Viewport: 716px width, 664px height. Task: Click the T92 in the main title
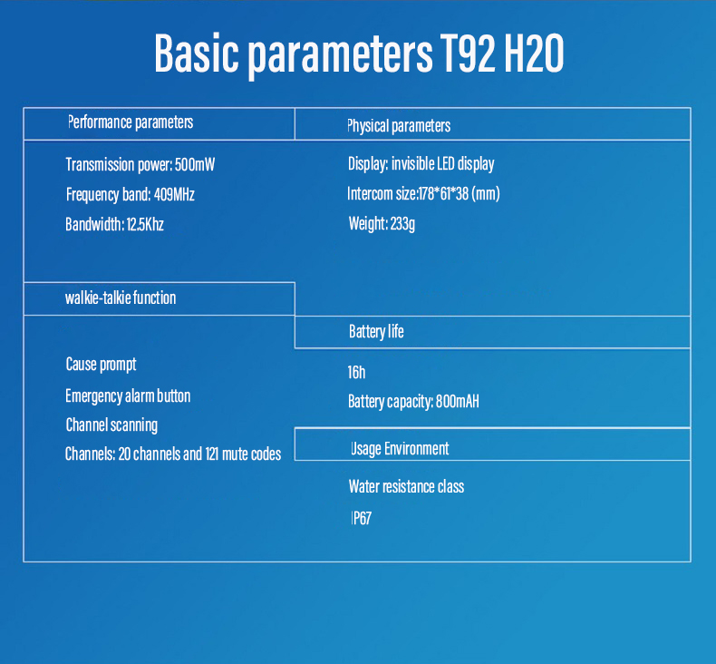click(x=467, y=54)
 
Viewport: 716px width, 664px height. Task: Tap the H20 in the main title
click(x=534, y=54)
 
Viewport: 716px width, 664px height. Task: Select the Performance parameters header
click(x=131, y=122)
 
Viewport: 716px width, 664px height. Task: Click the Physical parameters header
click(x=399, y=126)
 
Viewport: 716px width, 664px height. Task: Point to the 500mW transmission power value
click(x=195, y=164)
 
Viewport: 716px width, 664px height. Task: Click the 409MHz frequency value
click(x=174, y=195)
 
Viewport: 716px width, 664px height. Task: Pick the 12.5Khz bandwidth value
click(x=145, y=224)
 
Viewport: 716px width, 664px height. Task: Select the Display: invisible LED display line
click(x=421, y=164)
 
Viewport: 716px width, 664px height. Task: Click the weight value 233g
click(x=402, y=224)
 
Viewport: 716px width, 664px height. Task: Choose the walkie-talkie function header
click(x=121, y=298)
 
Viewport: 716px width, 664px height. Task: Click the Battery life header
click(x=376, y=332)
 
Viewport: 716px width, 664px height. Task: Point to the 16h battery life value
click(x=356, y=373)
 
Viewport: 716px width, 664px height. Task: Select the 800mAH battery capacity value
click(x=458, y=401)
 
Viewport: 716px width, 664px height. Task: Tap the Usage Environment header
click(x=400, y=449)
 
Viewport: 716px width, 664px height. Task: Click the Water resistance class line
click(x=406, y=487)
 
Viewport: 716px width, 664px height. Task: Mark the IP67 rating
click(x=362, y=518)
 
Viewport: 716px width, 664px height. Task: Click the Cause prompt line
click(x=101, y=365)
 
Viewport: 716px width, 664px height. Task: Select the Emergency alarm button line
click(x=128, y=396)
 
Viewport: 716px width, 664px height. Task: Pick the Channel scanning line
click(x=111, y=425)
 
